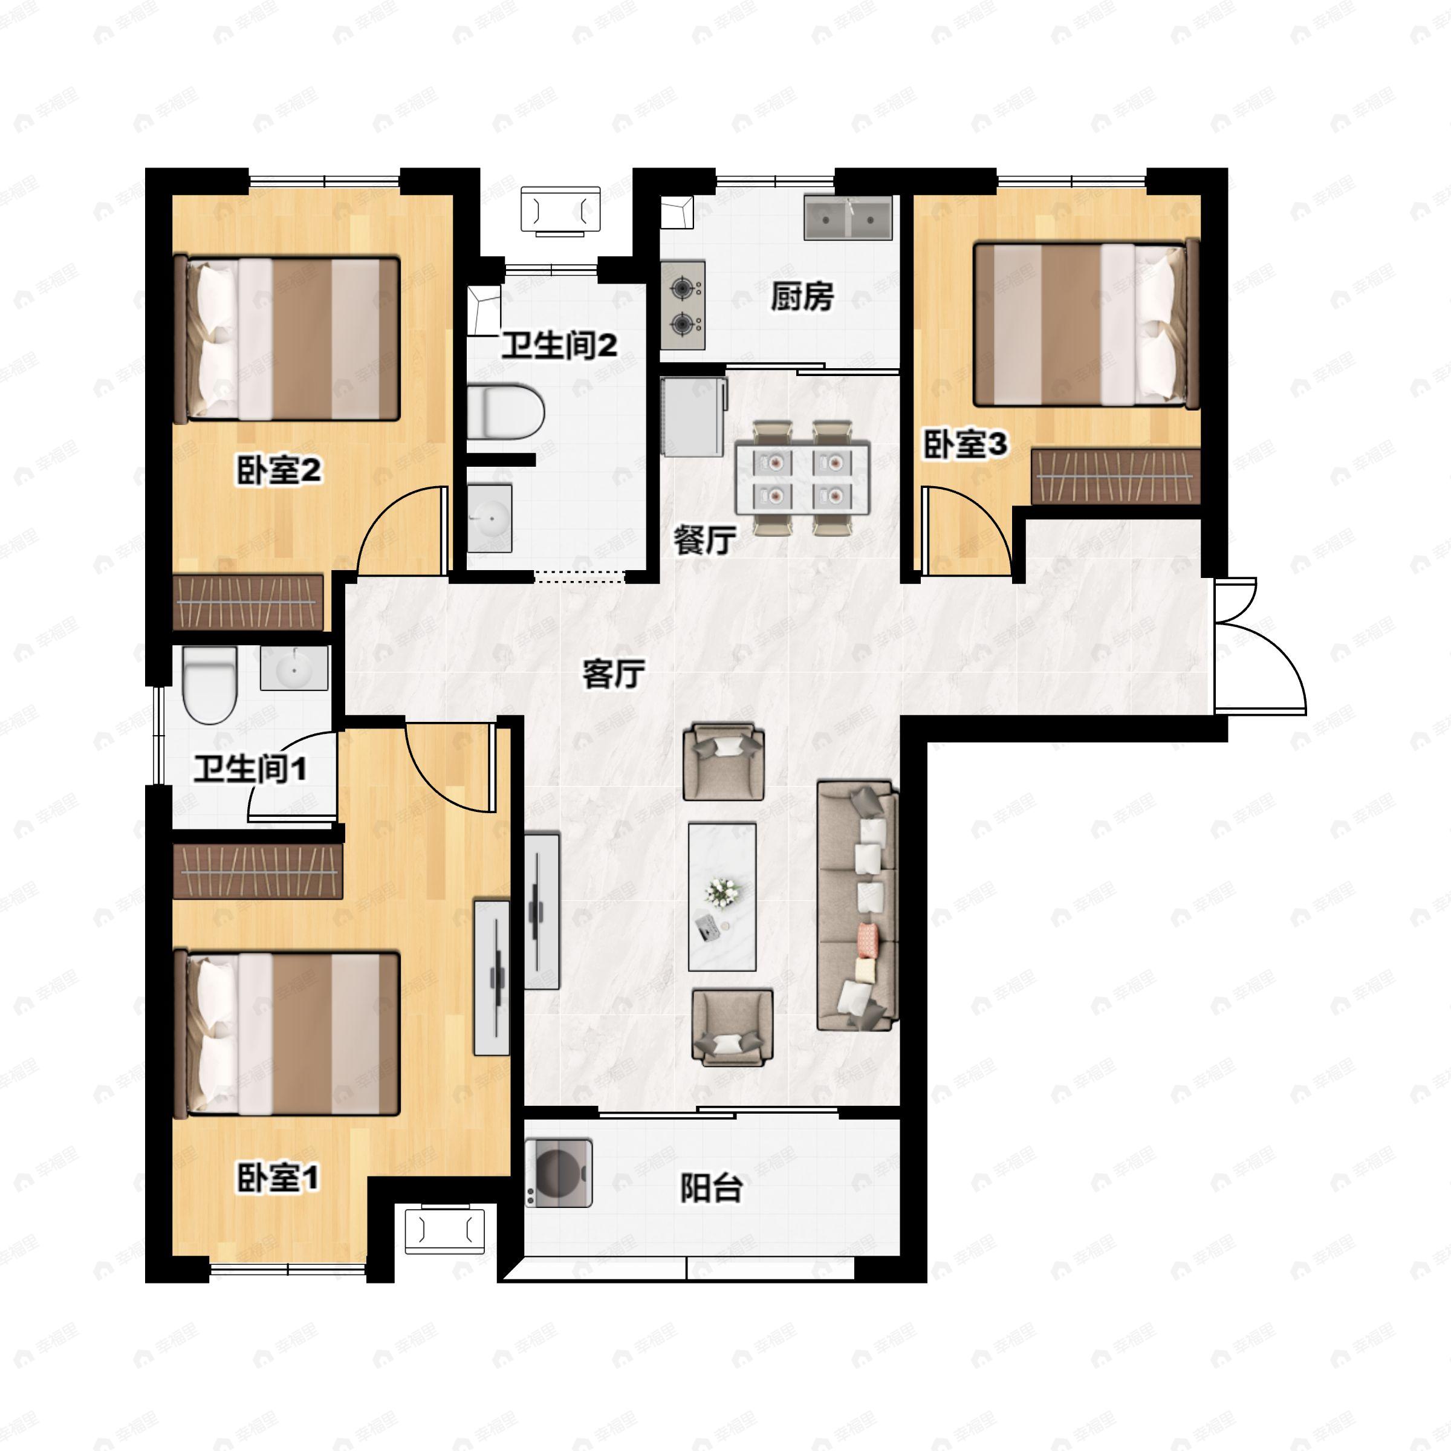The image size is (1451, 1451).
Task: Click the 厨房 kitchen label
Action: [x=802, y=297]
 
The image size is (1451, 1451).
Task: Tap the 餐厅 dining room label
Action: [x=704, y=540]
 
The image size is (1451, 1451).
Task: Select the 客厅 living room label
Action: [x=614, y=674]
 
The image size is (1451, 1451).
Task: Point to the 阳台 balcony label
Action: [x=711, y=1188]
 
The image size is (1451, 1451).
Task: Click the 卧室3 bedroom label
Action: [x=965, y=444]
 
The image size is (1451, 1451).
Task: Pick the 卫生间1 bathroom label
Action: [x=250, y=769]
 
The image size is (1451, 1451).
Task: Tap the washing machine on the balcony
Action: [x=558, y=1173]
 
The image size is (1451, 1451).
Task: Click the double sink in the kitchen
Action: [x=848, y=217]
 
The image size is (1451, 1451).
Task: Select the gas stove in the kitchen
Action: [x=683, y=305]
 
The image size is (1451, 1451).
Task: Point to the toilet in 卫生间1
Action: [x=210, y=684]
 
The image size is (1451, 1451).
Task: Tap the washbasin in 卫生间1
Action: [x=294, y=667]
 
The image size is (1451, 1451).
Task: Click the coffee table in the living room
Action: [x=722, y=897]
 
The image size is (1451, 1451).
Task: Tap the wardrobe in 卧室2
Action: [x=248, y=602]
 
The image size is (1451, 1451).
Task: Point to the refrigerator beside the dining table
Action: [x=693, y=417]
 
